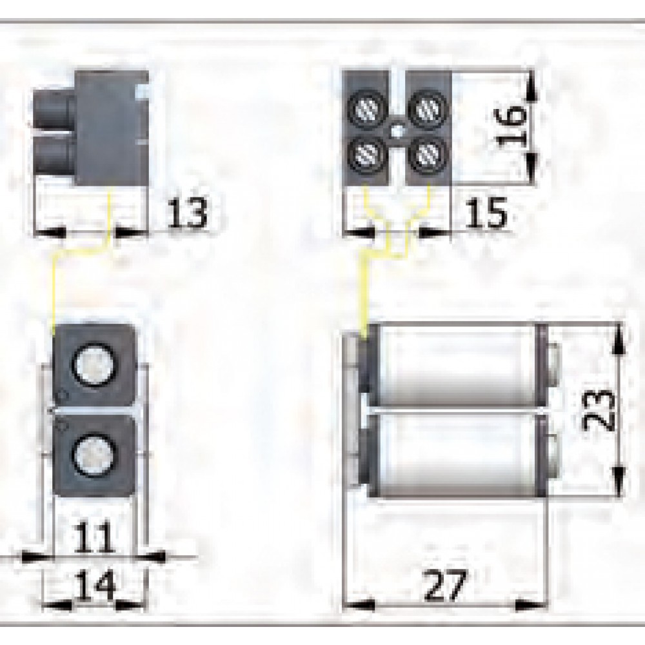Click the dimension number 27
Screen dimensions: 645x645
[446, 586]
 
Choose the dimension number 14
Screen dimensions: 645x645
[94, 586]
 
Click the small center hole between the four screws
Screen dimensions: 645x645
[395, 131]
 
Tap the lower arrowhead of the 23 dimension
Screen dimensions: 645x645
[617, 487]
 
